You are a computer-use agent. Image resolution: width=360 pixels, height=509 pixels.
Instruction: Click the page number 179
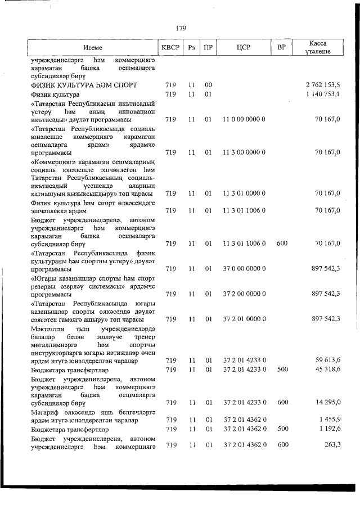click(181, 28)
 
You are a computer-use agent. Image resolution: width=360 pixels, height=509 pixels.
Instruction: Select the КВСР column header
click(170, 48)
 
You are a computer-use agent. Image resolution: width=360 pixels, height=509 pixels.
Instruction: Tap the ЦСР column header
click(244, 48)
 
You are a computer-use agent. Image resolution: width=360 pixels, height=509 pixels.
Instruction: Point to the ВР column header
click(281, 48)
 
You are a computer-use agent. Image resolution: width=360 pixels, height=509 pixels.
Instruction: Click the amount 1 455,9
click(329, 420)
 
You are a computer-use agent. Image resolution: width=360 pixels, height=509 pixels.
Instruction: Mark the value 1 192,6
click(329, 429)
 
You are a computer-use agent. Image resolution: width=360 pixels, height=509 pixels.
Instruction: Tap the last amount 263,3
click(331, 445)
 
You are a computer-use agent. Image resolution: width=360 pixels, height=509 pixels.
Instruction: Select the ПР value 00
click(208, 84)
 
